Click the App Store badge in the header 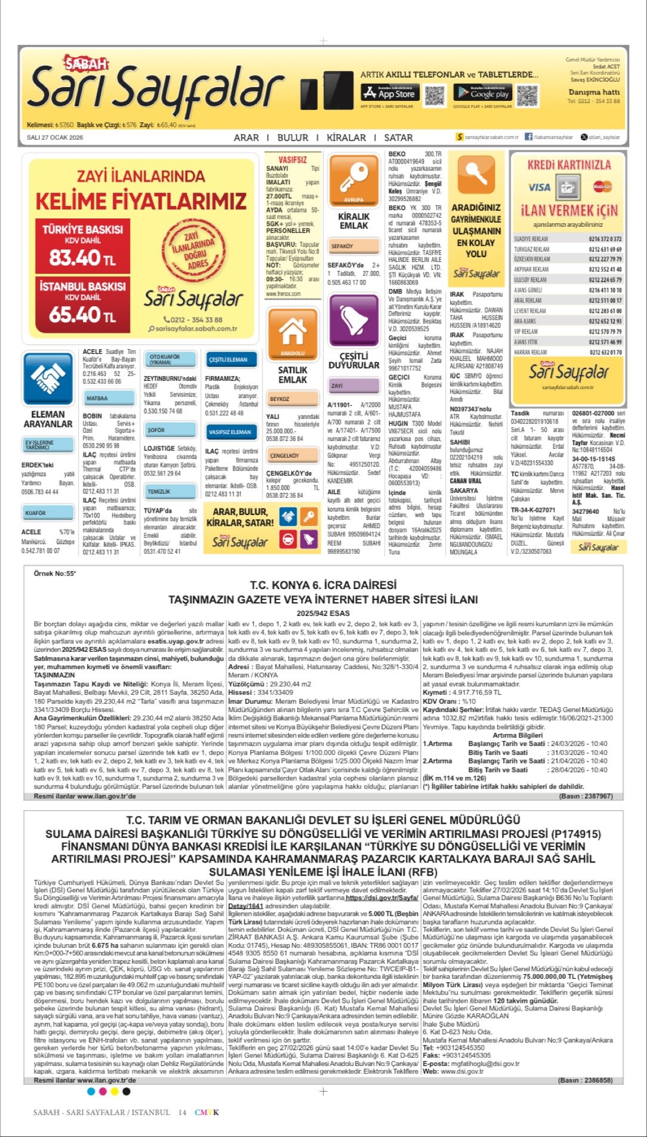pyautogui.click(x=389, y=93)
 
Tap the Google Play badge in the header pyautogui.click(x=482, y=93)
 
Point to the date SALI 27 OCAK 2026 pyautogui.click(x=55, y=137)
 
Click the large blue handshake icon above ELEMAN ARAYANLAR pyautogui.click(x=48, y=378)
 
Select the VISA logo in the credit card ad pyautogui.click(x=539, y=187)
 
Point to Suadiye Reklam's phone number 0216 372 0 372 pyautogui.click(x=605, y=239)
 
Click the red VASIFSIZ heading pyautogui.click(x=292, y=160)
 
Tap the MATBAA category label pyautogui.click(x=97, y=398)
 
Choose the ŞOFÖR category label pyautogui.click(x=156, y=430)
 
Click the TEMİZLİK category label pyautogui.click(x=159, y=491)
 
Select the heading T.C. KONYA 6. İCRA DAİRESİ pyautogui.click(x=323, y=586)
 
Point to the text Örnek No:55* pyautogui.click(x=55, y=574)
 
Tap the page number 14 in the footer pyautogui.click(x=182, y=1112)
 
